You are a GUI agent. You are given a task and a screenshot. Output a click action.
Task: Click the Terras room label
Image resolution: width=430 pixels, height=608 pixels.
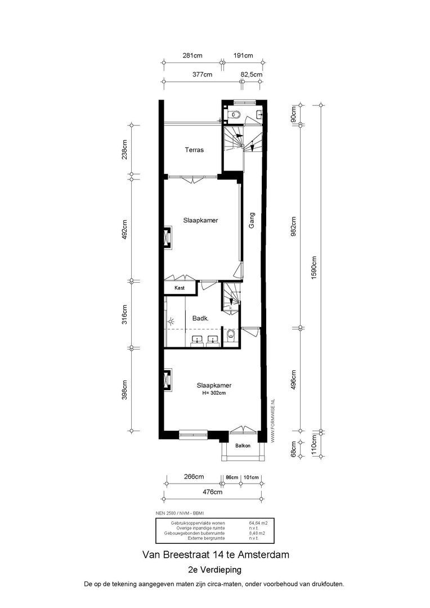[x=194, y=150]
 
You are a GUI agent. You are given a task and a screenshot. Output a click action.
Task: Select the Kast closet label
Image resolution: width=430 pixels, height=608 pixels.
[x=180, y=288]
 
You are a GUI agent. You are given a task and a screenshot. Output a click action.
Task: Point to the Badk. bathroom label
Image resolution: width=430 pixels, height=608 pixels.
[x=201, y=318]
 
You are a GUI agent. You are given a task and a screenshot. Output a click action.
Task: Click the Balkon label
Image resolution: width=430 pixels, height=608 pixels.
[x=243, y=446]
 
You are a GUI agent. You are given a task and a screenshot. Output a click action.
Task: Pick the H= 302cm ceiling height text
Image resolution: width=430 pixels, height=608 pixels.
[x=214, y=393]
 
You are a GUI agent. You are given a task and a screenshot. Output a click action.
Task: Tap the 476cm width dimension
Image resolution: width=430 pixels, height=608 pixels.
[x=212, y=491]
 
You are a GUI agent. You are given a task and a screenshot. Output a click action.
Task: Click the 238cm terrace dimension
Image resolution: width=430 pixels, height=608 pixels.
[x=125, y=150]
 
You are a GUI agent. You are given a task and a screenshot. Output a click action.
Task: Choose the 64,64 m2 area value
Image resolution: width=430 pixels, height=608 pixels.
[x=258, y=523]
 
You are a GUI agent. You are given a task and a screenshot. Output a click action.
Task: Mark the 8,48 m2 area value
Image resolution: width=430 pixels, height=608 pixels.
[x=258, y=533]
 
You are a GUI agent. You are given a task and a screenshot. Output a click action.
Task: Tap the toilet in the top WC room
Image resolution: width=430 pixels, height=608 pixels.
[x=235, y=115]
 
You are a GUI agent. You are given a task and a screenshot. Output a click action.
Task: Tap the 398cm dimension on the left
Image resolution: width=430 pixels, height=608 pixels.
[x=125, y=391]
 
